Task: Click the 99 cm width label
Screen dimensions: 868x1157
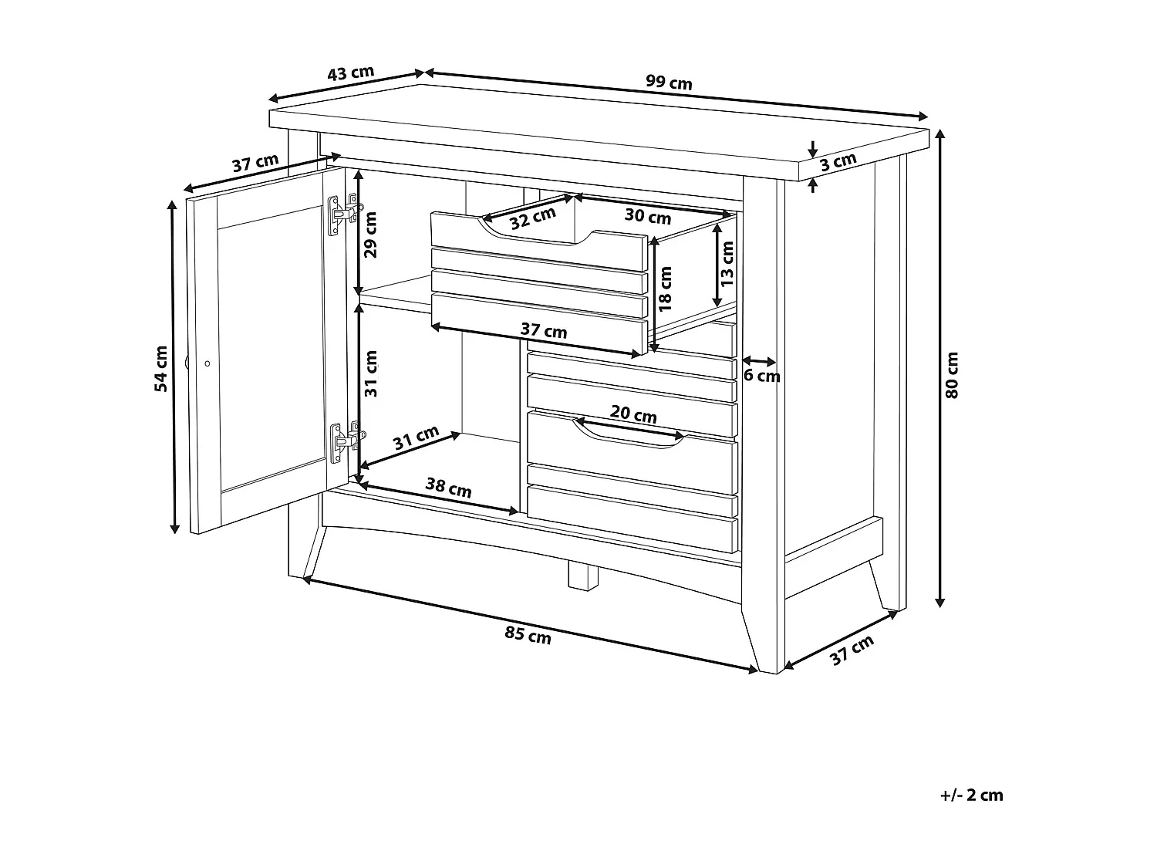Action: click(x=668, y=83)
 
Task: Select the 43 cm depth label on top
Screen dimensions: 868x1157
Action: click(x=351, y=74)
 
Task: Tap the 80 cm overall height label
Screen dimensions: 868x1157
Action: click(x=952, y=374)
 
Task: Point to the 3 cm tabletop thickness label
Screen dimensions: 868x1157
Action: click(x=838, y=163)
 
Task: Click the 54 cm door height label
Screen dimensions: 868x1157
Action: click(x=160, y=368)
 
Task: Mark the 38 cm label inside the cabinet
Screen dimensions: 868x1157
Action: click(x=448, y=488)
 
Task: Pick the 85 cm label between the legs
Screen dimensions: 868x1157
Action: click(x=528, y=635)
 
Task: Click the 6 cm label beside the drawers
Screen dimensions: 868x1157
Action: click(x=761, y=377)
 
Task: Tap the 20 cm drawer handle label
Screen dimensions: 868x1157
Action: click(x=633, y=415)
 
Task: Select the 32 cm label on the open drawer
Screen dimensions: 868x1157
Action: click(x=532, y=218)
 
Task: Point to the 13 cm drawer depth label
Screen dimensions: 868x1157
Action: click(x=727, y=263)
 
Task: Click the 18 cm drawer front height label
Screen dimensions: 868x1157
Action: click(x=666, y=288)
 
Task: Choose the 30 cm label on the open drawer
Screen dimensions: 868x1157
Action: click(x=647, y=215)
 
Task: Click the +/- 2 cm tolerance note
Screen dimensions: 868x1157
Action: click(x=972, y=795)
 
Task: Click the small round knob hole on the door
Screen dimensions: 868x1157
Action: click(x=207, y=362)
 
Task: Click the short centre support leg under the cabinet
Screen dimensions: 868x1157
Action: click(x=584, y=575)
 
